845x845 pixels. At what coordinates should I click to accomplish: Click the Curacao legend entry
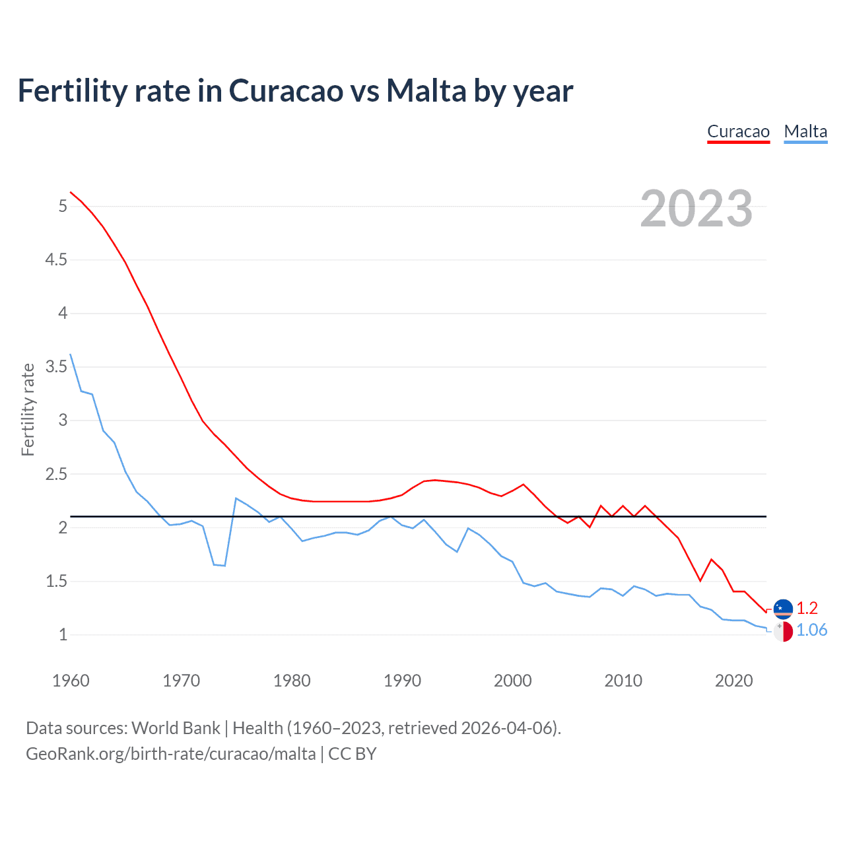pyautogui.click(x=738, y=131)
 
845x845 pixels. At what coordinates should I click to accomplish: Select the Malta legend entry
pyautogui.click(x=805, y=131)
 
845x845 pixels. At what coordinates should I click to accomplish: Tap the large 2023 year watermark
pyautogui.click(x=696, y=209)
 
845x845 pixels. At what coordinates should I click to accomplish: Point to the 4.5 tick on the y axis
pyautogui.click(x=56, y=259)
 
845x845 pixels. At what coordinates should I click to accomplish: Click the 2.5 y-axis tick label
pyautogui.click(x=56, y=474)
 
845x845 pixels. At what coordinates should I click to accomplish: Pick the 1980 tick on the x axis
pyautogui.click(x=292, y=681)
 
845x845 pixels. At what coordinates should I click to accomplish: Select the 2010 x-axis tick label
pyautogui.click(x=623, y=681)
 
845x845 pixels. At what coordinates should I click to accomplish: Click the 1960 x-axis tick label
pyautogui.click(x=71, y=681)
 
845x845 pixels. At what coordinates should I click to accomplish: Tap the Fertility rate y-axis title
pyautogui.click(x=28, y=409)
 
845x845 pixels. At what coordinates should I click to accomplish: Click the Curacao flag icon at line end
pyautogui.click(x=783, y=609)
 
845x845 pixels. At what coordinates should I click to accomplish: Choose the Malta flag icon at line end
pyautogui.click(x=783, y=631)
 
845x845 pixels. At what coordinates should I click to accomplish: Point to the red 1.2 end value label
pyautogui.click(x=807, y=608)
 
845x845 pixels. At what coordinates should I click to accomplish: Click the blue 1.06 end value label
pyautogui.click(x=811, y=630)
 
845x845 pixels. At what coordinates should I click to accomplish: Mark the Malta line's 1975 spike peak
pyautogui.click(x=236, y=498)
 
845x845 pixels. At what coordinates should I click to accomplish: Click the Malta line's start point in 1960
pyautogui.click(x=71, y=355)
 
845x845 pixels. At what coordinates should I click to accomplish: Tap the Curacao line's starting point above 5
pyautogui.click(x=71, y=192)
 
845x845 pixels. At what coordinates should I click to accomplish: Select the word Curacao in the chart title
pyautogui.click(x=286, y=90)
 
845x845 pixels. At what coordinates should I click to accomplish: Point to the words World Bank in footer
pyautogui.click(x=176, y=728)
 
